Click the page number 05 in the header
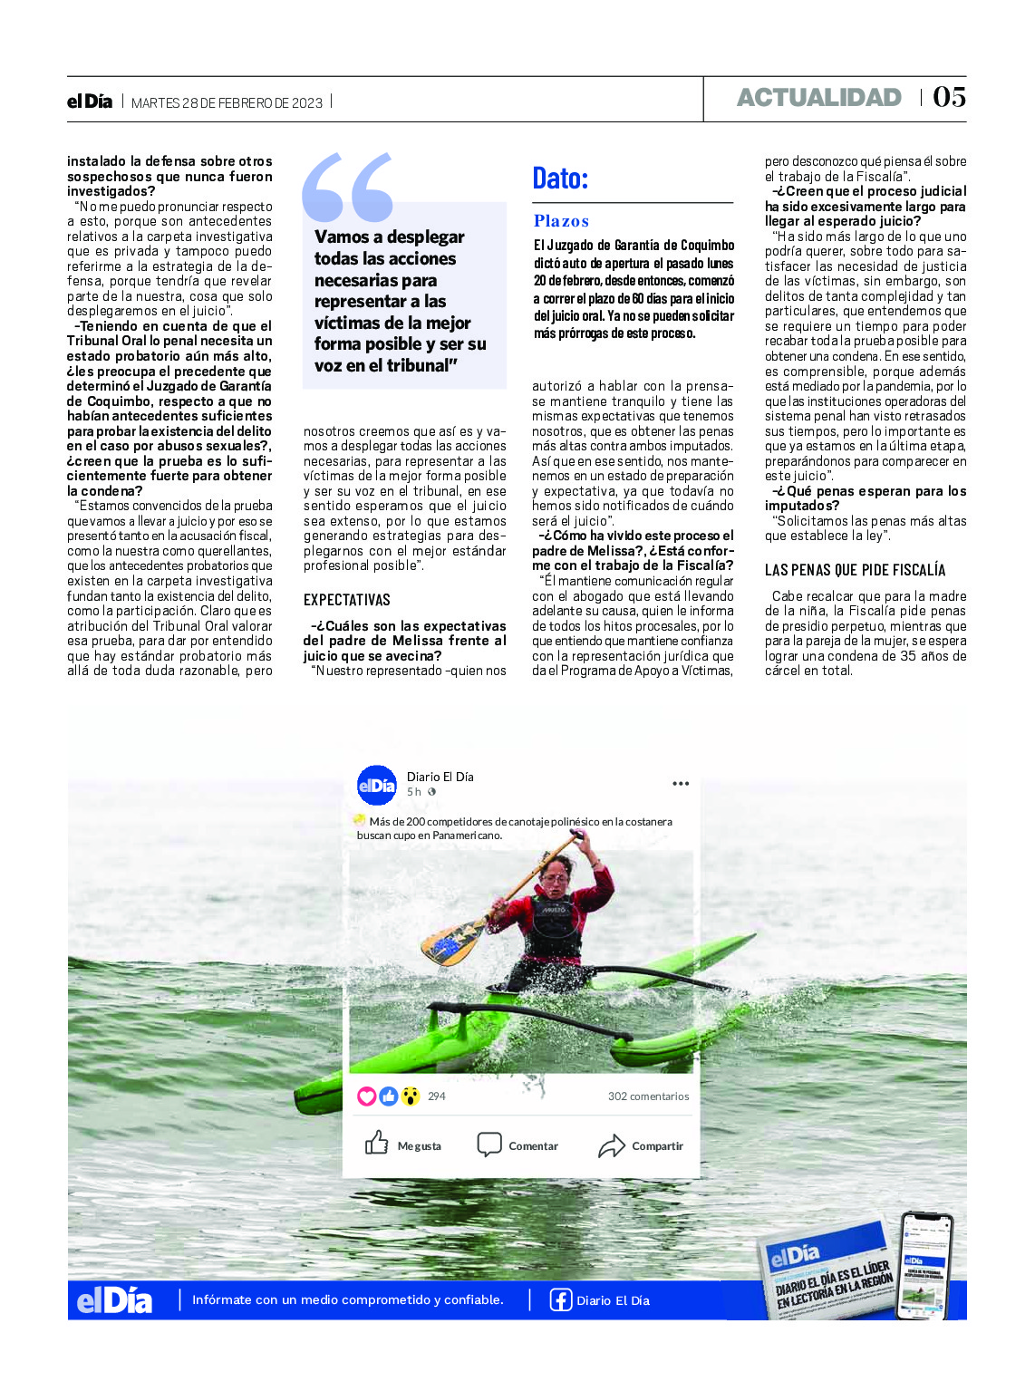949,97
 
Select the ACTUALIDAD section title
818,98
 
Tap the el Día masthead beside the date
90,101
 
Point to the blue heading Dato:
560,178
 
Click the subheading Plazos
561,221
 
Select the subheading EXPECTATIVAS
346,600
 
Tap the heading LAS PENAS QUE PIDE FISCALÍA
855,570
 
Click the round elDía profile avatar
377,785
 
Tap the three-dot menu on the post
681,784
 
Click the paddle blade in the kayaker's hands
452,942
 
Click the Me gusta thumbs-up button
377,1144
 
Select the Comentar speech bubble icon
489,1145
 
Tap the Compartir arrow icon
612,1145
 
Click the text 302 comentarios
648,1096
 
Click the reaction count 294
436,1096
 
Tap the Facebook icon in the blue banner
561,1299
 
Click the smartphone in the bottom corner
925,1265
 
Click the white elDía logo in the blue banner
114,1300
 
